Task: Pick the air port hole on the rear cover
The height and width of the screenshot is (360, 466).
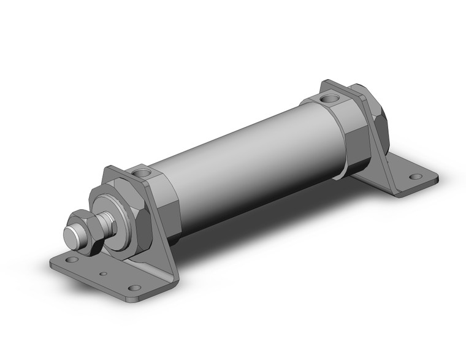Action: [x=330, y=96]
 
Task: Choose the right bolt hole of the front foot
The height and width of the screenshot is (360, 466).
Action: [x=134, y=288]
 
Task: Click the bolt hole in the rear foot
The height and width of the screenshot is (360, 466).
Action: [x=416, y=177]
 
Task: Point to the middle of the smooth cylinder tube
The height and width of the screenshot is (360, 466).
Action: [x=245, y=159]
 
